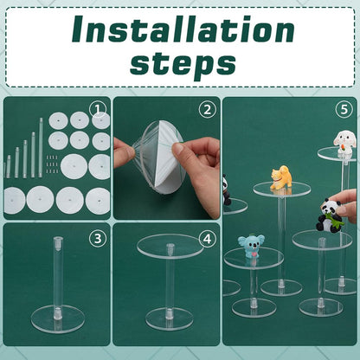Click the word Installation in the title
pyautogui.click(x=183, y=29)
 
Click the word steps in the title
pyautogui.click(x=183, y=63)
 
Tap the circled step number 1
pyautogui.click(x=98, y=110)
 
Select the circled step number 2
pyautogui.click(x=208, y=110)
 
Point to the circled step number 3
pyautogui.click(x=98, y=239)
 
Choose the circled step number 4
pyautogui.click(x=208, y=239)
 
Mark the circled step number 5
pyautogui.click(x=344, y=110)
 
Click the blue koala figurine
pyautogui.click(x=251, y=246)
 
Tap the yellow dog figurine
pyautogui.click(x=281, y=177)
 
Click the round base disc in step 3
pyautogui.click(x=58, y=319)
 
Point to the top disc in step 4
pyautogui.click(x=170, y=246)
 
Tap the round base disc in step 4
pyautogui.click(x=170, y=318)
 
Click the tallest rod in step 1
pyautogui.click(x=41, y=147)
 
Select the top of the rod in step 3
pyautogui.click(x=58, y=241)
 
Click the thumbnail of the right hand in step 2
pyautogui.click(x=178, y=148)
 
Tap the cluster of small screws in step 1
pyautogui.click(x=52, y=164)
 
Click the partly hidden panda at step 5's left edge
pyautogui.click(x=227, y=190)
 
